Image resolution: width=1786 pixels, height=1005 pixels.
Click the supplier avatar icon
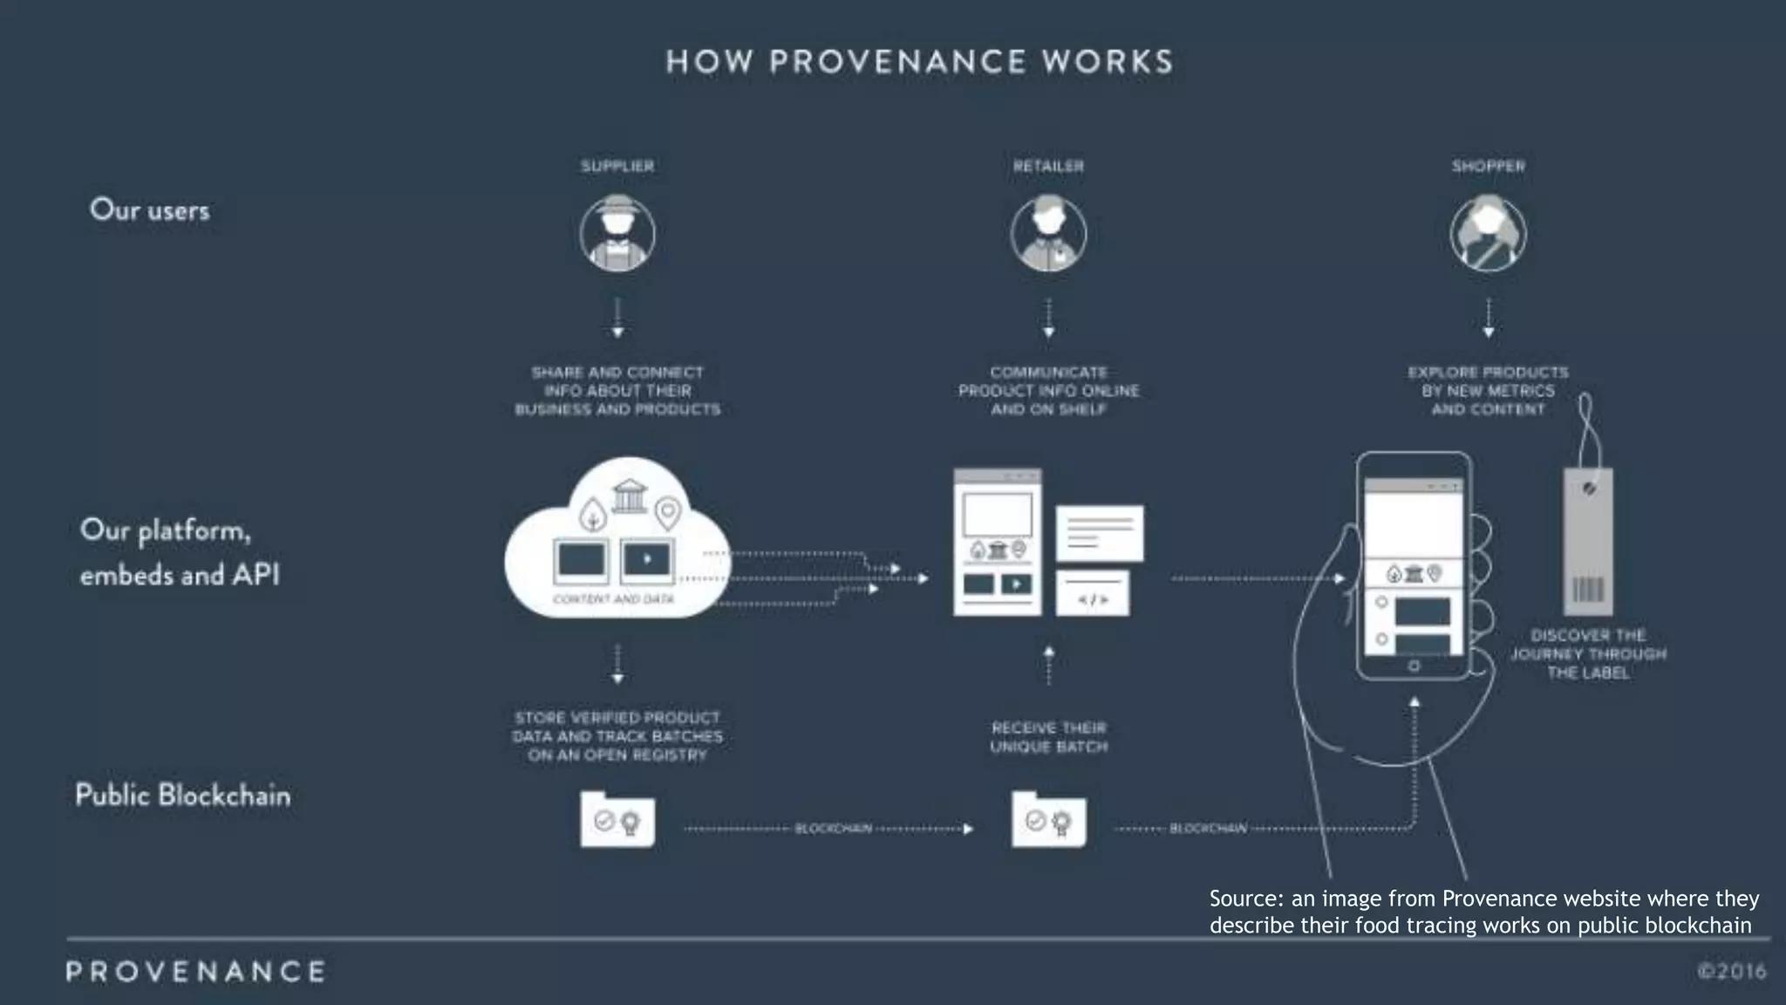[617, 234]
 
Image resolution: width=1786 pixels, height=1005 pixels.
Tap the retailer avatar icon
[1048, 234]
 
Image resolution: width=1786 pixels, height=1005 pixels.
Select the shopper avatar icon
[1488, 234]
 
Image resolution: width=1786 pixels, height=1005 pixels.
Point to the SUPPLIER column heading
[617, 166]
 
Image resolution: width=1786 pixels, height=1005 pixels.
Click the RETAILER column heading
[1048, 166]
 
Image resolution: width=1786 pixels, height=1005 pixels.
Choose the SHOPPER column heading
[1488, 166]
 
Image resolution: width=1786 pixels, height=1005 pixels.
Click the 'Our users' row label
[150, 210]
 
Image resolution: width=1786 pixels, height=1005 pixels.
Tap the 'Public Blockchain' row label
[182, 795]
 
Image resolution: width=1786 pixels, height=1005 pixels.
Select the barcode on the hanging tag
[1587, 590]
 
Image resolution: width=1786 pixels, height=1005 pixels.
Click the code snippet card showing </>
[1093, 594]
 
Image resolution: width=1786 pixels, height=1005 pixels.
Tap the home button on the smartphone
[1414, 666]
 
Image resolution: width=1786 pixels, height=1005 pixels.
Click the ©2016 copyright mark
[1731, 971]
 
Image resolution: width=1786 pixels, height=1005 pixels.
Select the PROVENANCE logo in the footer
[195, 971]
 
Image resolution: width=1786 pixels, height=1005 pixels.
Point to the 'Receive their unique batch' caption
[1048, 737]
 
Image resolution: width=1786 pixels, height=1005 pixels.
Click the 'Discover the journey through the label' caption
[1588, 654]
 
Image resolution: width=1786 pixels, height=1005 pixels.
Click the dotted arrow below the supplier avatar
[617, 318]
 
